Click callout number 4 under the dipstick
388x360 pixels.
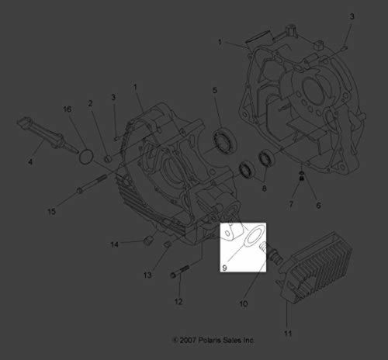(29, 161)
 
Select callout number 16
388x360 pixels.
(68, 111)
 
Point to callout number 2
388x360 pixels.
(90, 103)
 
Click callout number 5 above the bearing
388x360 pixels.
(215, 92)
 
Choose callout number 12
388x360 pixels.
(177, 301)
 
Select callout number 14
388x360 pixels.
(113, 244)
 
